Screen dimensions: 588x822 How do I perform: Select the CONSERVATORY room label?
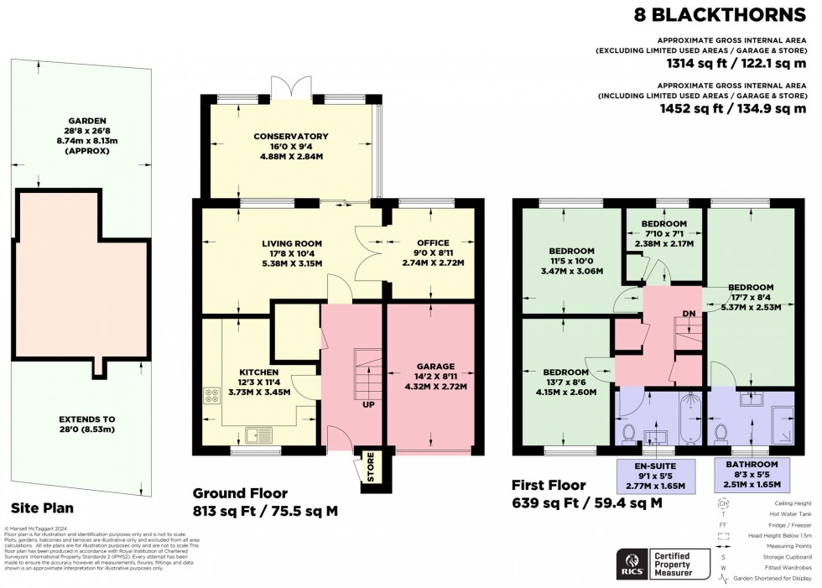(x=291, y=136)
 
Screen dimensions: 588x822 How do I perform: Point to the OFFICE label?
(x=431, y=243)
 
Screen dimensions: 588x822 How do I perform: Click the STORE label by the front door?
(x=367, y=468)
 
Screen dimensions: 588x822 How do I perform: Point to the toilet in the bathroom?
(x=721, y=433)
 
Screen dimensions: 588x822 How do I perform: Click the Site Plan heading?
(x=42, y=507)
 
